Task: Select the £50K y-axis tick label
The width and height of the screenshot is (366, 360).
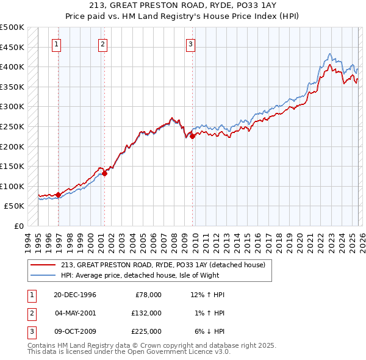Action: [15, 206]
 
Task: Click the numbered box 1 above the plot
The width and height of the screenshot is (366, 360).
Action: [57, 44]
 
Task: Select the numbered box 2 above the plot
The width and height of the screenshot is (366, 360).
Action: [102, 44]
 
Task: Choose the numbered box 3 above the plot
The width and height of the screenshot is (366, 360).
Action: [191, 44]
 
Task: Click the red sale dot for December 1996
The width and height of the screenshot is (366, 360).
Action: [59, 195]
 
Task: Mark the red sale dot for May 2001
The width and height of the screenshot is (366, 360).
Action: [104, 173]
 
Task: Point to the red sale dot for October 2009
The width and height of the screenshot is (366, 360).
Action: [192, 137]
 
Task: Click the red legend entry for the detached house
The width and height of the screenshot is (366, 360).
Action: [163, 265]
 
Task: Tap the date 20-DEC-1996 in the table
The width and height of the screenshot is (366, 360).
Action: [75, 295]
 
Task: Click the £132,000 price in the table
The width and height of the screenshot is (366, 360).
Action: [146, 313]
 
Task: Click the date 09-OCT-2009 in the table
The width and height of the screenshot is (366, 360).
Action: [75, 331]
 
